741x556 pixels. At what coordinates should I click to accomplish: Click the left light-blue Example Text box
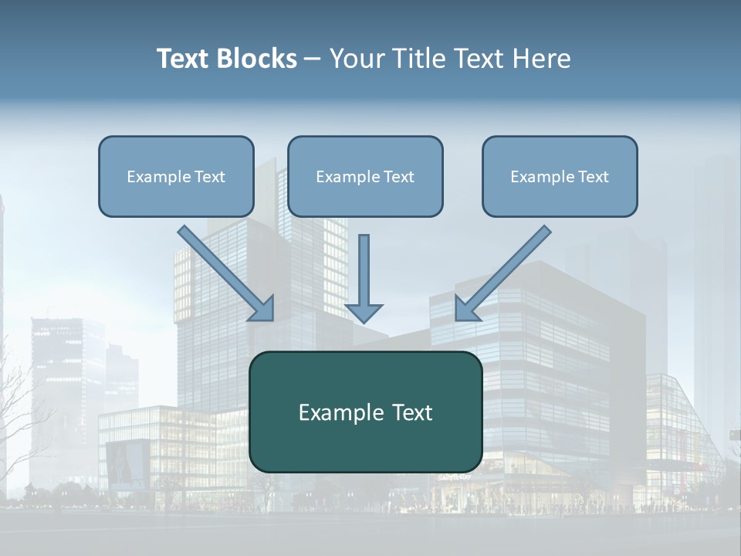pyautogui.click(x=176, y=176)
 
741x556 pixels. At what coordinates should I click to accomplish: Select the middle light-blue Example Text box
pyautogui.click(x=365, y=176)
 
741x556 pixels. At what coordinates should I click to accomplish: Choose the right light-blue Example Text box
pyautogui.click(x=560, y=176)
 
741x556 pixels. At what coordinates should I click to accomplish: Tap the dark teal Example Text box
pyautogui.click(x=365, y=412)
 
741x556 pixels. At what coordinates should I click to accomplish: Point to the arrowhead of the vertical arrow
pyautogui.click(x=364, y=312)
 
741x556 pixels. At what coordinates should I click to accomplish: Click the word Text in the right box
pyautogui.click(x=593, y=177)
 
